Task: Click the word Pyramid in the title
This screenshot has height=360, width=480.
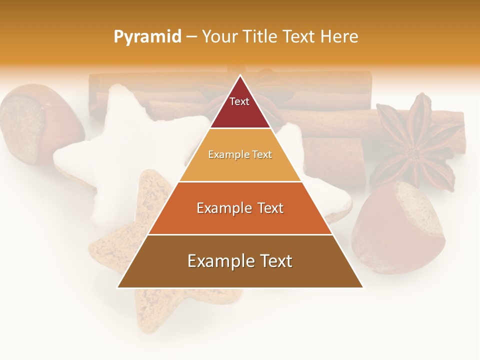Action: point(147,36)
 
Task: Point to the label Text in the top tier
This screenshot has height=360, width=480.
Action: point(239,101)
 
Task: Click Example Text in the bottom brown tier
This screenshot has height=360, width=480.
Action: point(240,261)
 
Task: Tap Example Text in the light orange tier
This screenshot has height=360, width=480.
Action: point(240,154)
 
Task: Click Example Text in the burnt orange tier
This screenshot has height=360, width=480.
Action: point(240,208)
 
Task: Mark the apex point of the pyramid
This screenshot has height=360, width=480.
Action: point(240,75)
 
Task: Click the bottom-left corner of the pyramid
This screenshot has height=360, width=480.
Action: point(117,287)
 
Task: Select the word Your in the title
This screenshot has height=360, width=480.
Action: point(218,36)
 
